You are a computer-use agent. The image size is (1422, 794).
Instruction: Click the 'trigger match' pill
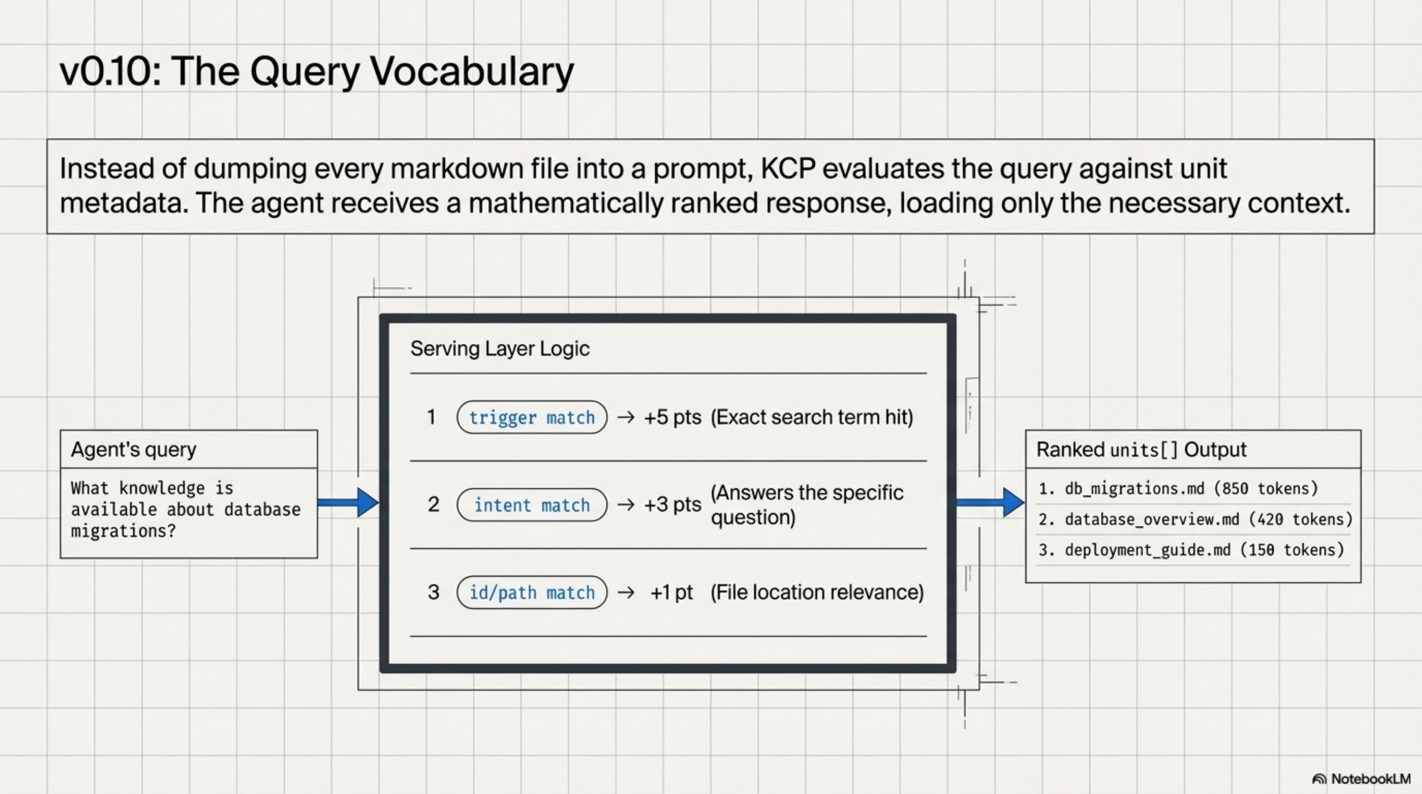pyautogui.click(x=532, y=417)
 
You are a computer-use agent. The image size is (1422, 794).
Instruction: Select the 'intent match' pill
pyautogui.click(x=532, y=505)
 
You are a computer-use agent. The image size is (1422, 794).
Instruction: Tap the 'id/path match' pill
pyautogui.click(x=532, y=593)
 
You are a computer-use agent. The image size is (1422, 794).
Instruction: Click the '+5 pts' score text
pyautogui.click(x=673, y=417)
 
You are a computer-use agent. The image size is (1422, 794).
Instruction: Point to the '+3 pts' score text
pyautogui.click(x=673, y=505)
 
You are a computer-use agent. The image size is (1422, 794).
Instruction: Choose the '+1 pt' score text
pyautogui.click(x=671, y=593)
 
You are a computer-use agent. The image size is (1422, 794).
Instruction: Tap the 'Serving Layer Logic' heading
pyautogui.click(x=499, y=349)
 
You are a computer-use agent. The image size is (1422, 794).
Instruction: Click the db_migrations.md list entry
pyautogui.click(x=1177, y=489)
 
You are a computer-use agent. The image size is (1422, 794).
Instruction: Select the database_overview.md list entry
pyautogui.click(x=1194, y=520)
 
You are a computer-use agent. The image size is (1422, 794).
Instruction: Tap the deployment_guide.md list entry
pyautogui.click(x=1191, y=550)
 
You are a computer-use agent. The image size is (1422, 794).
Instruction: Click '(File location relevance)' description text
pyautogui.click(x=817, y=593)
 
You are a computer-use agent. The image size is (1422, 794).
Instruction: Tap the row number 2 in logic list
pyautogui.click(x=433, y=505)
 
